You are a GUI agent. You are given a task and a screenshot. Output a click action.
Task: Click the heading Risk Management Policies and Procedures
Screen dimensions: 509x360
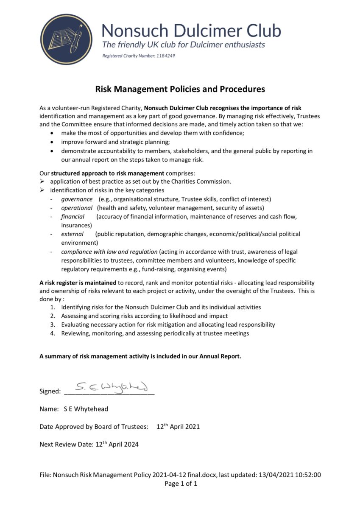point(180,89)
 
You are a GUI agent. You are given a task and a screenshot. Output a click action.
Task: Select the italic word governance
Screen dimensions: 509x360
point(77,199)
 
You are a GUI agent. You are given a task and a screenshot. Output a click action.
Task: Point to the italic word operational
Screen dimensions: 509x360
point(77,208)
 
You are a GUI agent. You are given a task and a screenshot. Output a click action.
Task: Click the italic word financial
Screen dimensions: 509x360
point(73,217)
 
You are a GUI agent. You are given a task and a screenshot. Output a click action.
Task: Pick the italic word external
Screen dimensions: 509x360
point(73,234)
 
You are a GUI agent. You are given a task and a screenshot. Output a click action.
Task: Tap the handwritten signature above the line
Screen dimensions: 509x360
point(111,386)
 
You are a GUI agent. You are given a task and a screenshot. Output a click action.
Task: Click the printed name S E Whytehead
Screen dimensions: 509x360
point(86,409)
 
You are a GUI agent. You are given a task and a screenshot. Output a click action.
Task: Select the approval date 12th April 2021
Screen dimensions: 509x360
point(178,427)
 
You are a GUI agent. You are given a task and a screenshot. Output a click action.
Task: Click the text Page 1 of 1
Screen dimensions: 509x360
point(181,484)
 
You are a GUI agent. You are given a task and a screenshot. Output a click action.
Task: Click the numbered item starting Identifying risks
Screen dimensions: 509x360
point(161,307)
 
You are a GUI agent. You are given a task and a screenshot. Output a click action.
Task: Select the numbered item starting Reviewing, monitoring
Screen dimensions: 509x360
point(155,333)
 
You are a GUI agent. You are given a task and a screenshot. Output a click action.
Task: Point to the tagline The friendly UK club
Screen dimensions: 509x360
point(183,45)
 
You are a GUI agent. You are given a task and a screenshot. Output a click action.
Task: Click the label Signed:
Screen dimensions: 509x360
point(50,391)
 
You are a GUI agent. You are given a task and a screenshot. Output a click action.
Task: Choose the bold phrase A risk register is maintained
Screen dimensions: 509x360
point(78,282)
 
